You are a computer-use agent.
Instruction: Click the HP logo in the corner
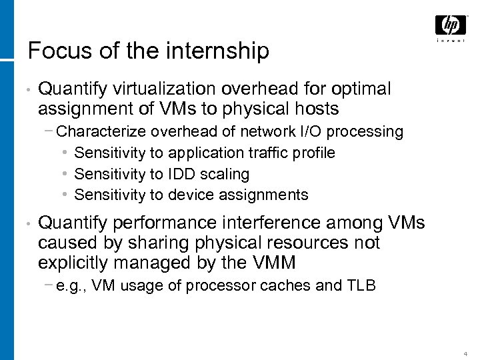(451, 26)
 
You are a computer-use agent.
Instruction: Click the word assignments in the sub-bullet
(269, 195)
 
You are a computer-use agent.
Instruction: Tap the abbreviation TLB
(362, 285)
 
